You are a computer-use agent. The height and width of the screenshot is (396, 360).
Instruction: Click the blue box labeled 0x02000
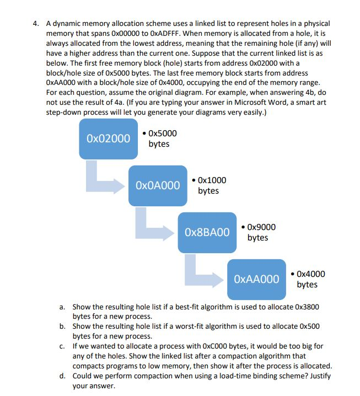pos(109,138)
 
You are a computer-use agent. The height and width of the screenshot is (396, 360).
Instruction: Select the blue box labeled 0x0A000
pos(158,185)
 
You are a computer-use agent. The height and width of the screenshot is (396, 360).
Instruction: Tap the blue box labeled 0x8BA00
pos(207,232)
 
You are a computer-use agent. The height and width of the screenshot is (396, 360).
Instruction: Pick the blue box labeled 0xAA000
pos(256,279)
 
